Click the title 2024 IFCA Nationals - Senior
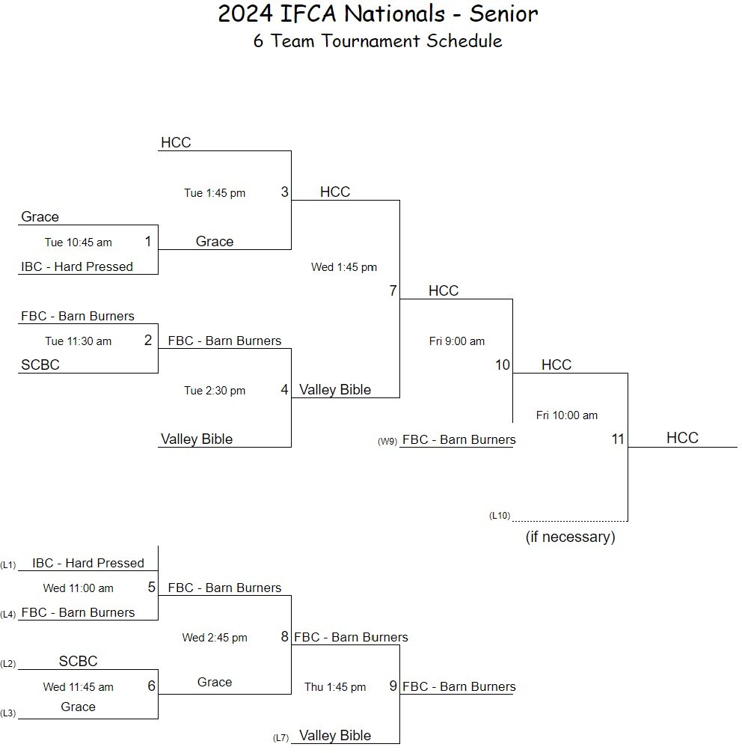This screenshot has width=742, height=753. point(378,13)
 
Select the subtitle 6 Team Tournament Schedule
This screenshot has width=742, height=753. point(378,40)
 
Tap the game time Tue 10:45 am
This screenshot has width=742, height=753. point(78,242)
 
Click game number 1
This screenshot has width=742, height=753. point(148,242)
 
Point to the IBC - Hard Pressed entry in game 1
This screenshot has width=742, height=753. point(77,266)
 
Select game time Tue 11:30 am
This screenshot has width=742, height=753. point(78,341)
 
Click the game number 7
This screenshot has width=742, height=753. point(393,291)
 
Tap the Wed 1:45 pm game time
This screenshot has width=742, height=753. point(344,267)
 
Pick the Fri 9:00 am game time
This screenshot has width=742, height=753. point(457,341)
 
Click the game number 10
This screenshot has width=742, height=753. point(503,365)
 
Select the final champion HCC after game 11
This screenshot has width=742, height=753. point(682,438)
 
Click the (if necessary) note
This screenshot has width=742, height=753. point(570,537)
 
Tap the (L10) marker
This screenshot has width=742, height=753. point(500,516)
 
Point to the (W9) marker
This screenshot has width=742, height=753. point(387,442)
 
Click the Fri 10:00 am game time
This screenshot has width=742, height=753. point(567,415)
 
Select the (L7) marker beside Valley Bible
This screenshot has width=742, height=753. point(281,738)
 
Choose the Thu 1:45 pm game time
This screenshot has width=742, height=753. point(335,687)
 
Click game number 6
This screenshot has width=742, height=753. point(151,686)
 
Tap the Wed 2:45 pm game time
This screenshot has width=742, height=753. point(215,638)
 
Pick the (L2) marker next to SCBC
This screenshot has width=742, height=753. point(8,664)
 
